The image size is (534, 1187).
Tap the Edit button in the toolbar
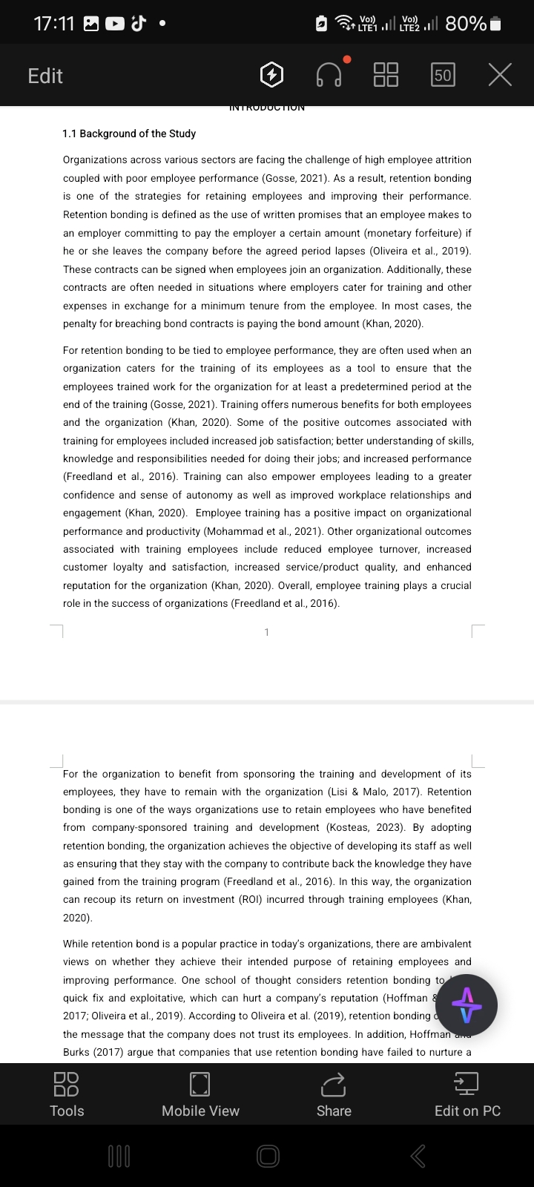click(x=45, y=76)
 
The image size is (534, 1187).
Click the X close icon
click(x=500, y=75)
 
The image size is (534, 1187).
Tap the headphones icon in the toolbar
click(x=329, y=75)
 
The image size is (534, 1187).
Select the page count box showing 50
click(x=443, y=75)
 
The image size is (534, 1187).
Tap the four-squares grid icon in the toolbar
click(x=386, y=75)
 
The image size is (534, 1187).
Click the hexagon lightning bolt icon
click(x=272, y=75)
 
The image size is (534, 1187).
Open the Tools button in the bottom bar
click(x=67, y=1094)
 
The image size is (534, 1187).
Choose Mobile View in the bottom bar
click(x=200, y=1094)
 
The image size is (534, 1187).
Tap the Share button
click(x=334, y=1094)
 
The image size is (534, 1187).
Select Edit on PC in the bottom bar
click(x=467, y=1094)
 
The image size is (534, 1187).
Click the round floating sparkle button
click(x=467, y=1005)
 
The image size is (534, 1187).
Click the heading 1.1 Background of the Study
click(x=129, y=134)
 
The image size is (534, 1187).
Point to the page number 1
click(x=267, y=632)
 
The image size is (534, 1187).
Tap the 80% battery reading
click(x=466, y=24)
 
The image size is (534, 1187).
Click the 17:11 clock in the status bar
click(x=54, y=24)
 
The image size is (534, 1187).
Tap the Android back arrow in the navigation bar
click(x=418, y=1155)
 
